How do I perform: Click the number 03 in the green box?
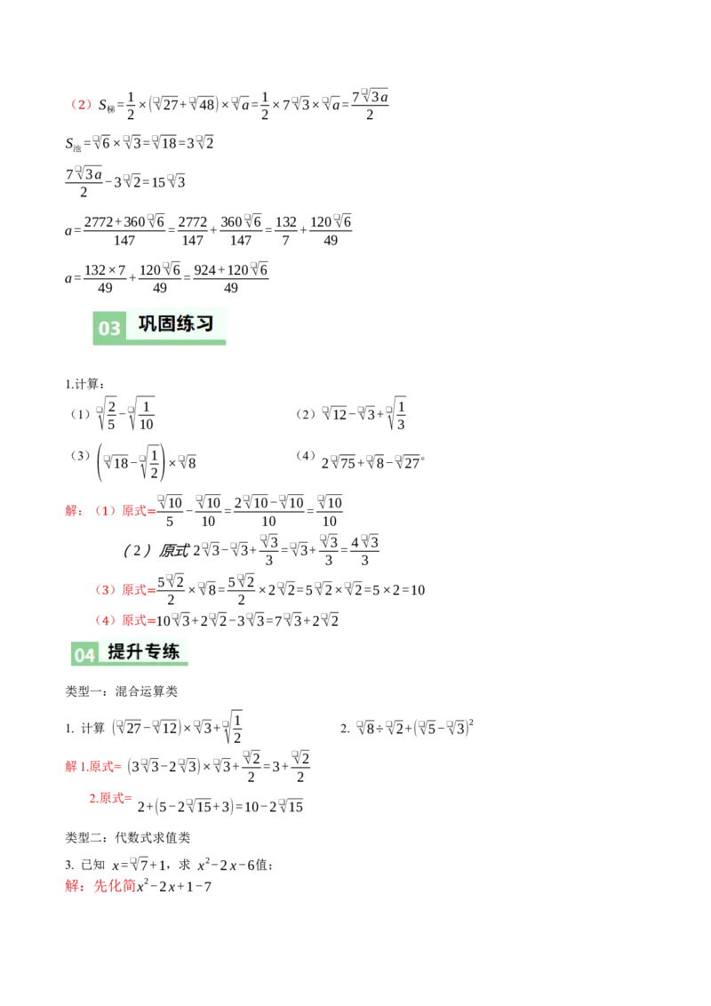[x=109, y=329]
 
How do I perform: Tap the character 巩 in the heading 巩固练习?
[x=148, y=323]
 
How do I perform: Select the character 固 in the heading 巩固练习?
[x=167, y=323]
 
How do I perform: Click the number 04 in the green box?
[x=84, y=656]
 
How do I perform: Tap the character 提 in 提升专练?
[x=116, y=651]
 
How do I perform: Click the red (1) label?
[x=105, y=511]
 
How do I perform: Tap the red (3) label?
[x=105, y=590]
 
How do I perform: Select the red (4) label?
[x=105, y=619]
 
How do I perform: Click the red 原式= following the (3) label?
[x=139, y=590]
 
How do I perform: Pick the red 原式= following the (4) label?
[x=139, y=619]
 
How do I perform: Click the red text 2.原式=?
[x=110, y=798]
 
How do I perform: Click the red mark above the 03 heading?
[x=82, y=105]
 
